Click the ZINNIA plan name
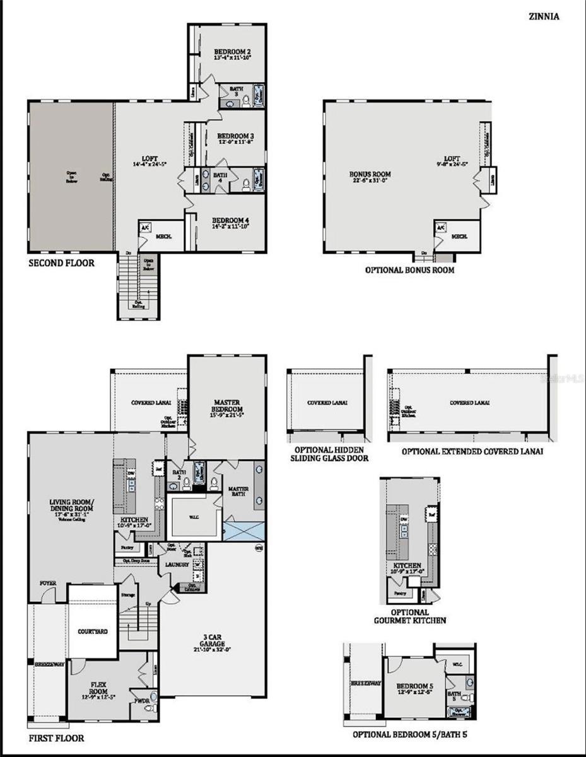543,17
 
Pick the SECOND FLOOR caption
62,262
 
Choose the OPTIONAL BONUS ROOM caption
409,270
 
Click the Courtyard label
93,631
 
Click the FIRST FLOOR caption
56,737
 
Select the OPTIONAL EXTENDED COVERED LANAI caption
472,452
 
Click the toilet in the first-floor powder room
149,708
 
